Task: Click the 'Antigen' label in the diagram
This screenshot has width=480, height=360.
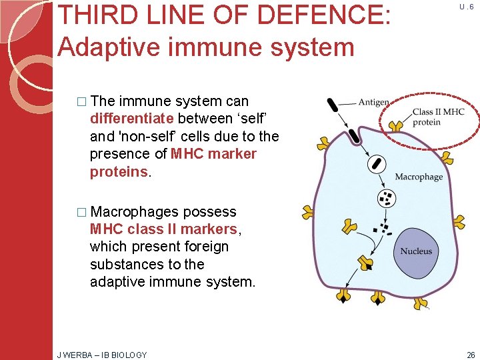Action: click(x=374, y=102)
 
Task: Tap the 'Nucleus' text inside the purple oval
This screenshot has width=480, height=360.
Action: click(x=416, y=251)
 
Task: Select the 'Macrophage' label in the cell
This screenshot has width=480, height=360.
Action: click(x=419, y=177)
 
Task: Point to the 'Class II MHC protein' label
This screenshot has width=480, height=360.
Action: click(x=438, y=117)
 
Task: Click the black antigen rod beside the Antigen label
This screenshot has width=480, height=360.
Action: click(x=332, y=105)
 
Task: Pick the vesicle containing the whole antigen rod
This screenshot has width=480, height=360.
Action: click(x=377, y=164)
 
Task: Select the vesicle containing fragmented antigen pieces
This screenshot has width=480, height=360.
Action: click(x=386, y=197)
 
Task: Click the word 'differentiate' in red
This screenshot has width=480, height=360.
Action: click(x=131, y=119)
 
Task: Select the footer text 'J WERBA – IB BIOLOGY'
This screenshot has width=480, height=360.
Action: click(x=102, y=355)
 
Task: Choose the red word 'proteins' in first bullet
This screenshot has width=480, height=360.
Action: click(x=119, y=171)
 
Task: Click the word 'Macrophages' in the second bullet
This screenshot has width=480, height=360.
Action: click(x=134, y=212)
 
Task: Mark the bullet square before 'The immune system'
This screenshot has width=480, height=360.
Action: click(x=82, y=102)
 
